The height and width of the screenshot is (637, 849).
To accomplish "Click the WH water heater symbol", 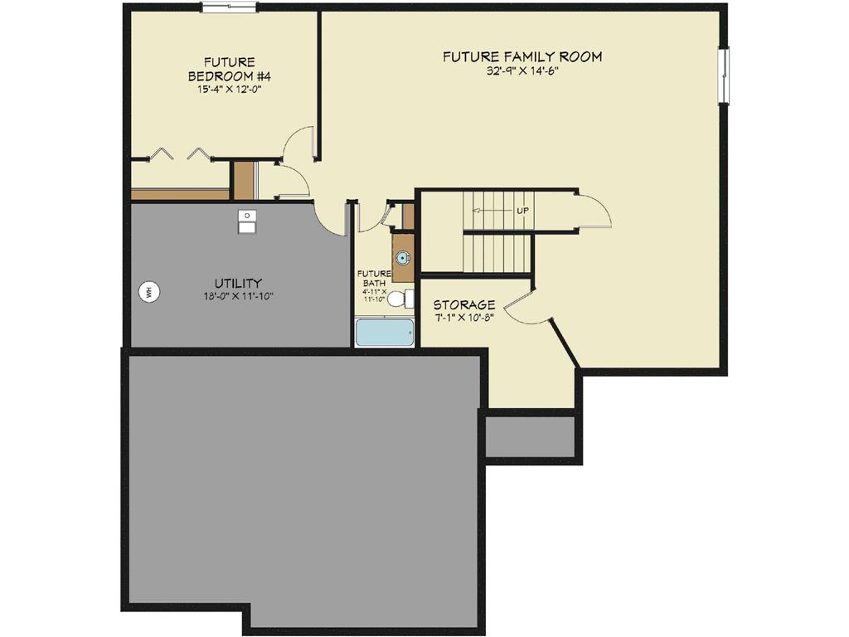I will [150, 291].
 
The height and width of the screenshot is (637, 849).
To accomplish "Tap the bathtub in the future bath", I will [385, 333].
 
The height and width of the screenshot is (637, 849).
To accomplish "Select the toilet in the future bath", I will [400, 299].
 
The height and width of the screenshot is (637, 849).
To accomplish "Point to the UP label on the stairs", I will [522, 211].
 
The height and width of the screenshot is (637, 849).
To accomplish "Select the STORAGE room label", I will [464, 304].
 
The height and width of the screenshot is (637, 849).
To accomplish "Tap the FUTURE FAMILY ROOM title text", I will [522, 57].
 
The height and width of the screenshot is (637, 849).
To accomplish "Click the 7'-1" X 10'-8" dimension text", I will [464, 318].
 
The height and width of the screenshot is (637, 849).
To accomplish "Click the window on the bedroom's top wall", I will [230, 7].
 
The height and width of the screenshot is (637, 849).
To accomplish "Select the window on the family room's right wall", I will [724, 75].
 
